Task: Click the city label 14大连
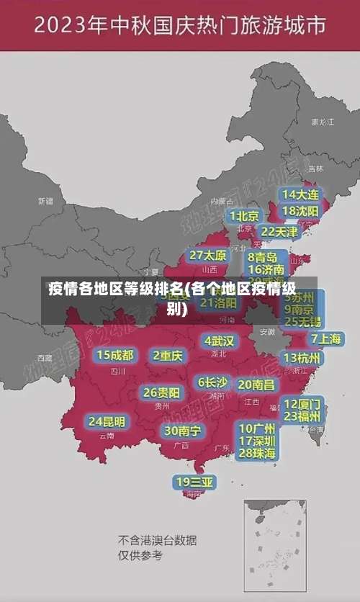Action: click(300, 194)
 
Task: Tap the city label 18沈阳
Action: click(300, 211)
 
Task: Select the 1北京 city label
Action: click(244, 216)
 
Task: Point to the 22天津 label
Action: click(279, 232)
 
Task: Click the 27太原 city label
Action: click(208, 256)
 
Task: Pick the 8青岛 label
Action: click(263, 256)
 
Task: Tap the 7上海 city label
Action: click(326, 338)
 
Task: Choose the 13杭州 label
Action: click(303, 358)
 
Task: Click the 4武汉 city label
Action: click(219, 341)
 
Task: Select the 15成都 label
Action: click(115, 355)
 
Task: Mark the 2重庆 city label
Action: click(168, 356)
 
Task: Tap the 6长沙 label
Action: click(213, 382)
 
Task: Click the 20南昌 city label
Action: click(256, 385)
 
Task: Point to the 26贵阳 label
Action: click(161, 393)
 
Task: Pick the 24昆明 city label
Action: click(107, 421)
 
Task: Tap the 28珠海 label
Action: click(257, 453)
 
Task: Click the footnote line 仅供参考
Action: click(140, 556)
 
